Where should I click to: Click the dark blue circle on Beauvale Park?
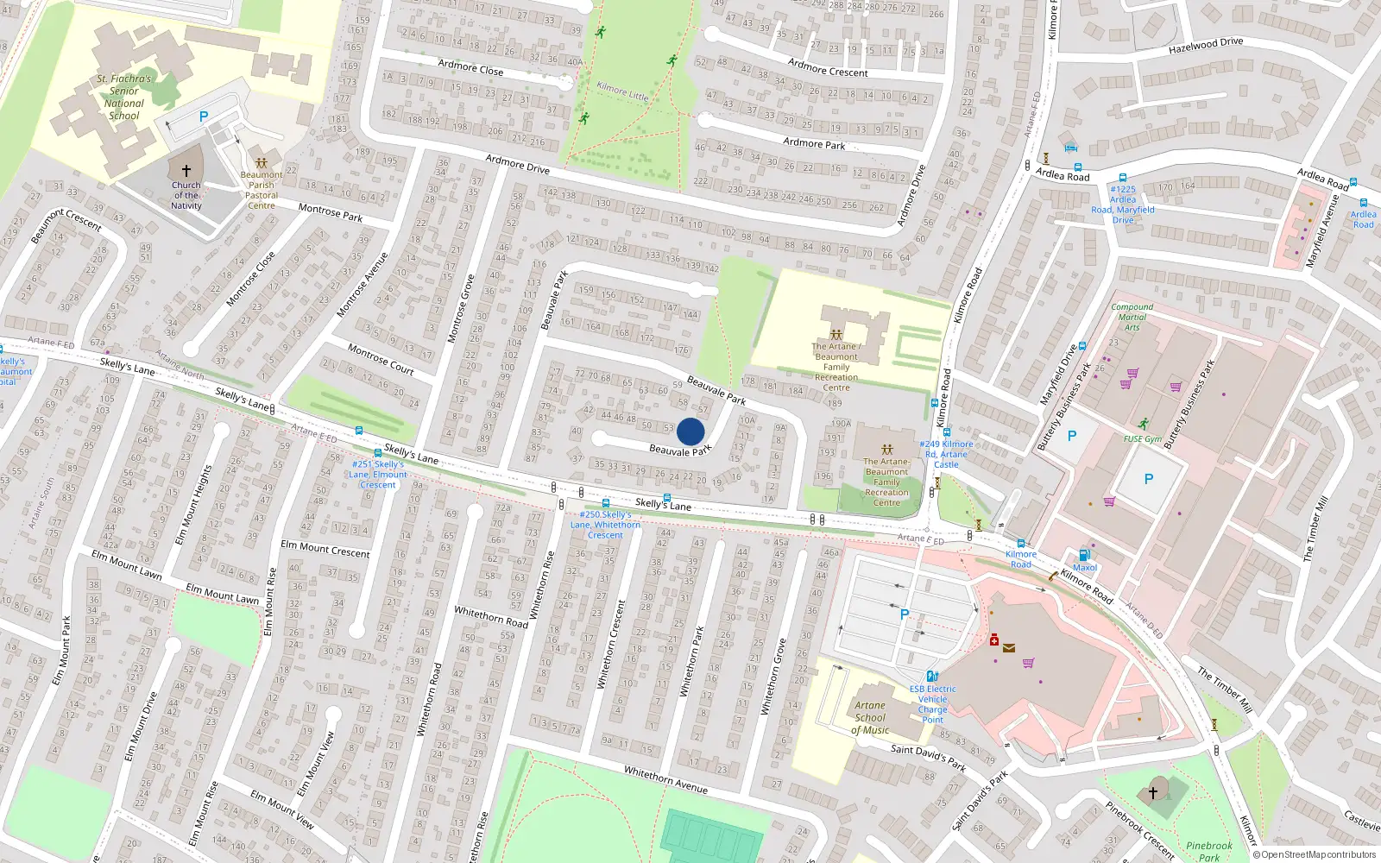690,431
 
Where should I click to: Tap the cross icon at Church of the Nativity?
186,171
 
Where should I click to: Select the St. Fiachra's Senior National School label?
124,97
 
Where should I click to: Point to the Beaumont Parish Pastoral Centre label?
262,190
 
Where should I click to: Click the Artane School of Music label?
870,717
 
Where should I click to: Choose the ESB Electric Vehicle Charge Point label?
932,704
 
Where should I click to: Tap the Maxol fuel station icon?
1084,555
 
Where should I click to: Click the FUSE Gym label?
1143,439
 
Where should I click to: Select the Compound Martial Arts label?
1132,317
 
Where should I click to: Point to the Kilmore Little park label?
622,91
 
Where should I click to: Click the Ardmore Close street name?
470,67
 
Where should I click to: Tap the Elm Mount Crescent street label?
325,549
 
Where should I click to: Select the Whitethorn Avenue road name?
665,779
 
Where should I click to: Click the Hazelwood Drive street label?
1206,46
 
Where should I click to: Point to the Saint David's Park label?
929,756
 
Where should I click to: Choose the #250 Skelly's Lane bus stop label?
605,525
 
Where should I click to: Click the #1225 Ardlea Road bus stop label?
1123,205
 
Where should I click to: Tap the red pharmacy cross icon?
994,640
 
